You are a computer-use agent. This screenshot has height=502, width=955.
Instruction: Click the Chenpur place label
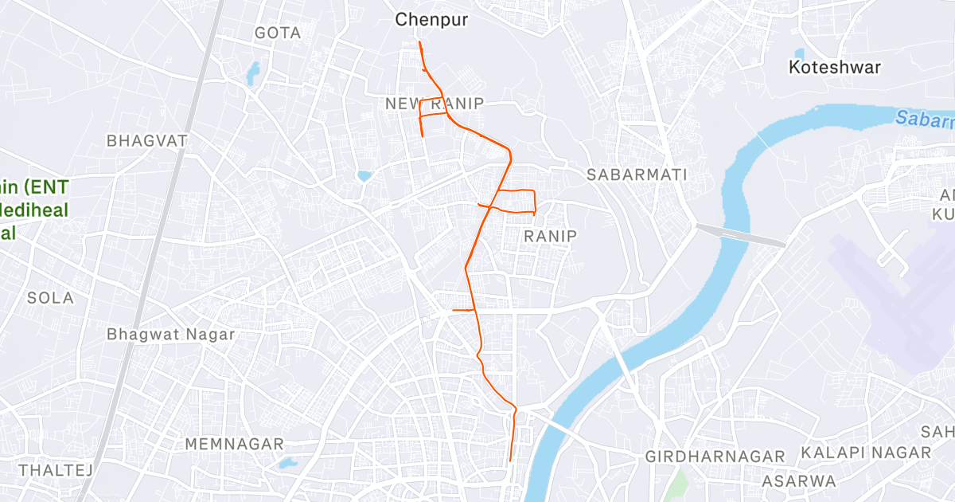(x=432, y=19)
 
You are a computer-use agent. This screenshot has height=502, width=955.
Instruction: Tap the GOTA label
(x=278, y=33)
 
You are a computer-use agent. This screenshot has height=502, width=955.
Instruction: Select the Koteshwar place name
(x=835, y=67)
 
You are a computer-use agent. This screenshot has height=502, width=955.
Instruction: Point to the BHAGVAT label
(x=147, y=140)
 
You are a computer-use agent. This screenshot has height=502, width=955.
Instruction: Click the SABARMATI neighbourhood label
(x=636, y=174)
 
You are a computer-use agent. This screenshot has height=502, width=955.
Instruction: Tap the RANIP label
(x=551, y=236)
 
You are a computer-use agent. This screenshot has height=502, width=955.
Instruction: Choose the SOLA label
(x=50, y=298)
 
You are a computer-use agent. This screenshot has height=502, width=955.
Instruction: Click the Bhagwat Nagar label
(x=171, y=334)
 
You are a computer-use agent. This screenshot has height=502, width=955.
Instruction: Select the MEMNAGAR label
(x=234, y=443)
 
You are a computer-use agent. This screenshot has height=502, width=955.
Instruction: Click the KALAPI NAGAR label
(x=866, y=452)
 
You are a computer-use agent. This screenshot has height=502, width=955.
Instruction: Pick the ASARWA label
(x=799, y=480)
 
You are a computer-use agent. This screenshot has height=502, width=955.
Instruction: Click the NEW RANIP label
(x=434, y=104)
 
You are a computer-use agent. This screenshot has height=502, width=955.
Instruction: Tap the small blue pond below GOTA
(x=253, y=73)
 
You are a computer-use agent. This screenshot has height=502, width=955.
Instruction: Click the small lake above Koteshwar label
(x=798, y=53)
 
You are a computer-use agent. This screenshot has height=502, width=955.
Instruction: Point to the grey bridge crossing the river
(x=740, y=235)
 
